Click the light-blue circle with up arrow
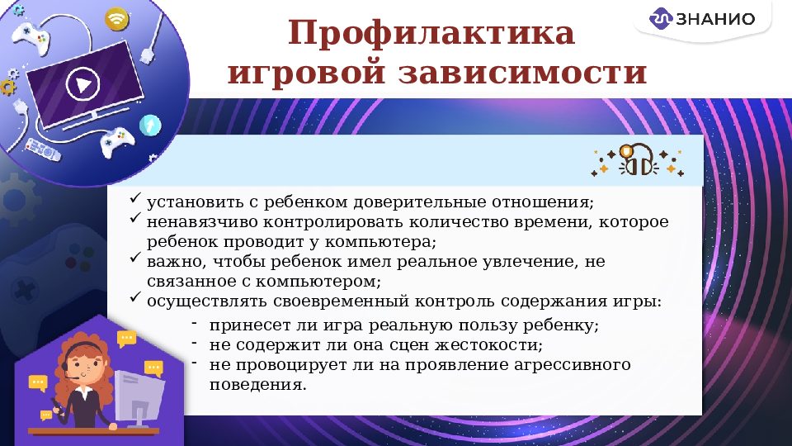[150, 125]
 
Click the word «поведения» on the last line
[257, 384]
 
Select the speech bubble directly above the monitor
[153, 368]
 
